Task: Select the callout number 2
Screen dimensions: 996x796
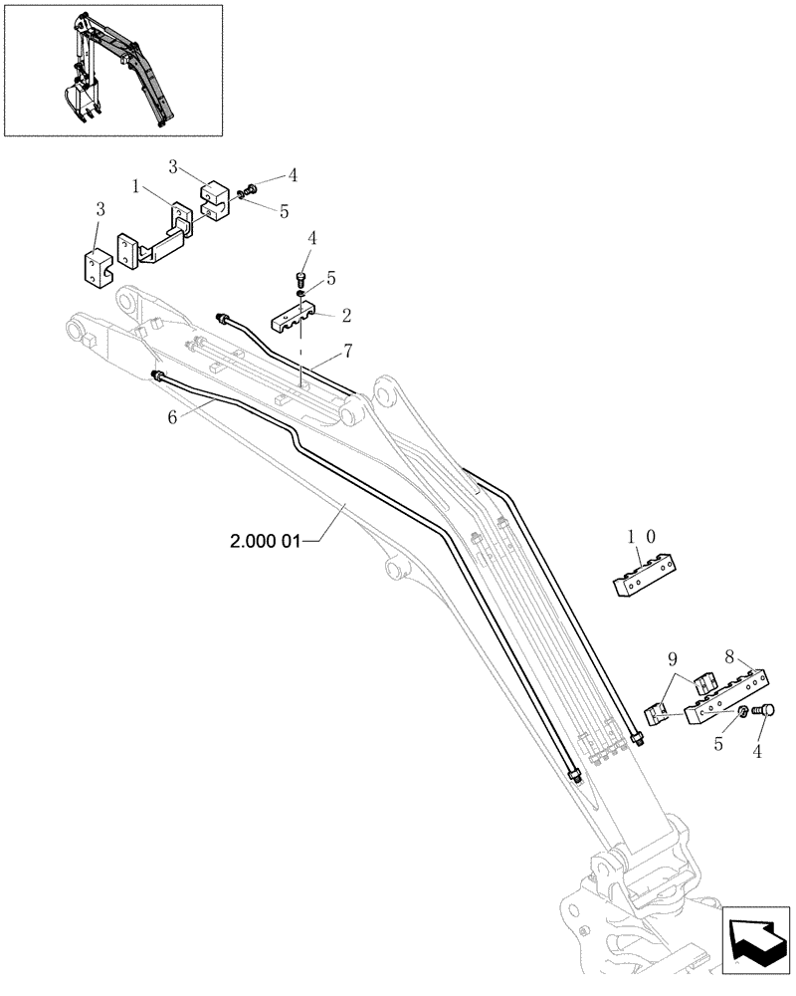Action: pyautogui.click(x=346, y=316)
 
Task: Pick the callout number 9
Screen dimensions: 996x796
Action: pyautogui.click(x=673, y=658)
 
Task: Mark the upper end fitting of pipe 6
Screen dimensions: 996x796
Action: pyautogui.click(x=156, y=373)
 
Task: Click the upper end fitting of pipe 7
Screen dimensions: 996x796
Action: pyautogui.click(x=222, y=318)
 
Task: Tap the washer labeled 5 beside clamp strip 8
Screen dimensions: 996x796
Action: pyautogui.click(x=743, y=711)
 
